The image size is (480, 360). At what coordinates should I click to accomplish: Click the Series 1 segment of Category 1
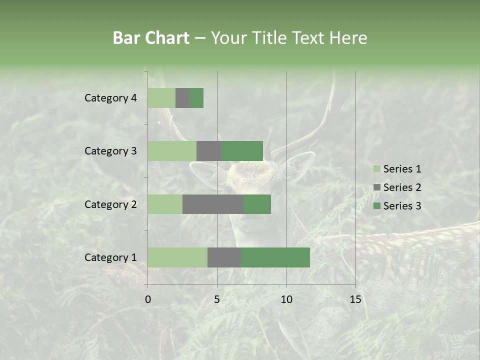[177, 257]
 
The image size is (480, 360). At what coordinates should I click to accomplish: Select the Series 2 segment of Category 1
[224, 257]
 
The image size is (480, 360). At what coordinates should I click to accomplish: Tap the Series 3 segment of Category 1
[275, 257]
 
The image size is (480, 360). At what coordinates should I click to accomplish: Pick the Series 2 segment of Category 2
[213, 204]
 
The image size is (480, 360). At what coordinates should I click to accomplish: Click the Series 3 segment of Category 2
[257, 204]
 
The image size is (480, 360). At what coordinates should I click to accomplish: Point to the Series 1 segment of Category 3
[172, 151]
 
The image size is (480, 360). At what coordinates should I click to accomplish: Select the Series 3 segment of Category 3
[242, 151]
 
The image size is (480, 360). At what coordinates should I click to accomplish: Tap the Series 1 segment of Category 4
[161, 98]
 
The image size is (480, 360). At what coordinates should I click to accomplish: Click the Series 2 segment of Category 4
[182, 98]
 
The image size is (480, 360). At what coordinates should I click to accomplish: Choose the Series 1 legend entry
[397, 169]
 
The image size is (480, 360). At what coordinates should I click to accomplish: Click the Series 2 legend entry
[397, 187]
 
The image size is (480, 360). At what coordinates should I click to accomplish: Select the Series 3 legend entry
[397, 206]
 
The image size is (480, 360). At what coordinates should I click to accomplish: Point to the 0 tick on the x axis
[147, 299]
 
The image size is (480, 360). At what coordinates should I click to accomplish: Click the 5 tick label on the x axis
[217, 299]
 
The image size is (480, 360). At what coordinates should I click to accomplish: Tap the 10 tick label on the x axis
[286, 299]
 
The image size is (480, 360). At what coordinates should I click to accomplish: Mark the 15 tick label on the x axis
[355, 299]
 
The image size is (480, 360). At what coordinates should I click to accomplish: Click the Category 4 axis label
[110, 98]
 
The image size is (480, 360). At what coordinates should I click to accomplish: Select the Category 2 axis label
[110, 204]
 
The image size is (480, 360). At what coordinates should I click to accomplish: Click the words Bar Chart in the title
[151, 38]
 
